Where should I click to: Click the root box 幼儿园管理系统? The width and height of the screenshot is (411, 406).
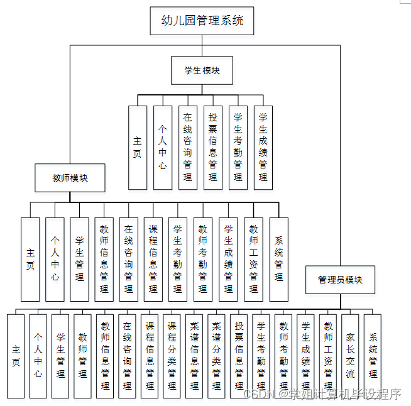(x=202, y=21)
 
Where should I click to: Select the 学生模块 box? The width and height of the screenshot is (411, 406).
(x=202, y=70)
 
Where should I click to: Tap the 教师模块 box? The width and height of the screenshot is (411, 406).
(x=70, y=178)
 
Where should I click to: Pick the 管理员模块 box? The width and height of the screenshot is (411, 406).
(x=340, y=280)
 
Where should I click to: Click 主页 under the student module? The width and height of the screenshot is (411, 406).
(x=138, y=148)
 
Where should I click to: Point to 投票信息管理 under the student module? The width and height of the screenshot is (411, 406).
(x=213, y=148)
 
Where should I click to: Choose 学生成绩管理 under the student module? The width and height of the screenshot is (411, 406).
(x=263, y=148)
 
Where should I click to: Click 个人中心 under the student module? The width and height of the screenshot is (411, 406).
(x=163, y=148)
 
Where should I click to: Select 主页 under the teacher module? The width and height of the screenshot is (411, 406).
(x=30, y=259)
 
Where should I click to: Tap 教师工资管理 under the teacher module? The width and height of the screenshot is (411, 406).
(x=254, y=259)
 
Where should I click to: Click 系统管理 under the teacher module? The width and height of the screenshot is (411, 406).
(x=279, y=259)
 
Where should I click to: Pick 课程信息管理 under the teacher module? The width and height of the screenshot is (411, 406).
(x=153, y=259)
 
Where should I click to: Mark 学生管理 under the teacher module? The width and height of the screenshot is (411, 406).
(x=80, y=259)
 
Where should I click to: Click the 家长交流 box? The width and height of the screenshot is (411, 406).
(x=351, y=356)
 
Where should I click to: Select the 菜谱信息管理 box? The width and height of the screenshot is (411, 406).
(x=194, y=356)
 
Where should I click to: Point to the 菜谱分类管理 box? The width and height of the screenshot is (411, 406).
(x=216, y=356)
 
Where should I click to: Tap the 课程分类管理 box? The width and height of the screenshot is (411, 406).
(x=172, y=356)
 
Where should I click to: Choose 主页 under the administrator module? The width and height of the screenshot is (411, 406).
(x=16, y=356)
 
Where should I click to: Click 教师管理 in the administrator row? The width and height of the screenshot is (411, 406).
(x=83, y=356)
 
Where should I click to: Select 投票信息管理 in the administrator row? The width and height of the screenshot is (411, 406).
(x=239, y=356)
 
